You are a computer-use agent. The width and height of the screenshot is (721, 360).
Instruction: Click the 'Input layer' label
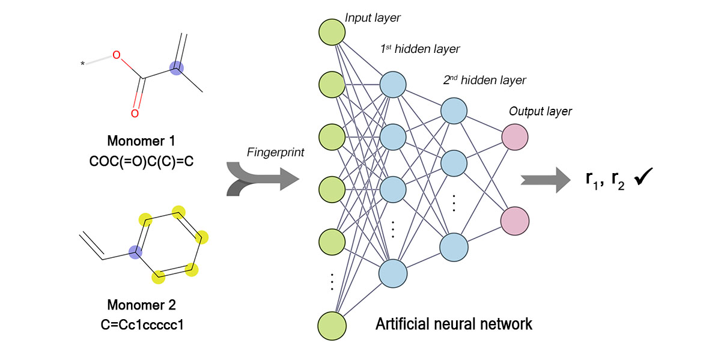click(373, 19)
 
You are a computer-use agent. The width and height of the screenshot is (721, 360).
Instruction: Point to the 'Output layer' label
click(540, 111)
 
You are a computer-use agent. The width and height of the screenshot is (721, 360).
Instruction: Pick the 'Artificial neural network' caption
click(454, 325)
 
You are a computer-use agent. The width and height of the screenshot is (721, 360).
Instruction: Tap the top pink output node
click(515, 136)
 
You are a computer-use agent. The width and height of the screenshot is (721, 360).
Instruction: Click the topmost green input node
click(332, 32)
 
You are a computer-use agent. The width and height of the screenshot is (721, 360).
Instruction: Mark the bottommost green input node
click(332, 325)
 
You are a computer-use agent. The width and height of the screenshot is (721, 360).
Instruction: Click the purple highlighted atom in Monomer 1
click(176, 69)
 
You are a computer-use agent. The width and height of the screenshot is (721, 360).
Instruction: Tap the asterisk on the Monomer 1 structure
click(82, 63)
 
